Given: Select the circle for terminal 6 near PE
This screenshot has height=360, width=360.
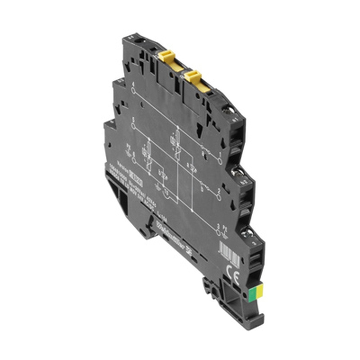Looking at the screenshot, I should click(134, 160).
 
